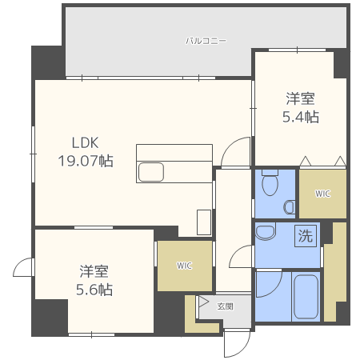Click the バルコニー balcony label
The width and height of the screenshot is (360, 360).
tap(206, 41)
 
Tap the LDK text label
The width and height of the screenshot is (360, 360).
tap(86, 142)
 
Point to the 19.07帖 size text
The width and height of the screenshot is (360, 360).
tap(86, 161)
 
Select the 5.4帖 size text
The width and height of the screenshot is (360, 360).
tap(301, 117)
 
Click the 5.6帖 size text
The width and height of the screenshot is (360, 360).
tap(94, 290)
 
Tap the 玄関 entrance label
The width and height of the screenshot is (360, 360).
tap(225, 306)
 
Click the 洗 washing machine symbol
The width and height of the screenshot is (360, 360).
tap(306, 236)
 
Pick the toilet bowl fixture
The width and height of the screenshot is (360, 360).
tap(270, 182)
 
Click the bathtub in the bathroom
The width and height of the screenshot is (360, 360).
tap(306, 297)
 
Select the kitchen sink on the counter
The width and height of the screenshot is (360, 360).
tap(150, 172)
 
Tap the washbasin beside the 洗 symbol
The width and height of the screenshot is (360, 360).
tap(266, 233)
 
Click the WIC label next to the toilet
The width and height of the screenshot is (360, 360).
tap(322, 194)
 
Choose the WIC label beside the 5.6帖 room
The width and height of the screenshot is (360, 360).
tap(184, 266)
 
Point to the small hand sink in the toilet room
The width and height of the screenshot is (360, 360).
tap(289, 207)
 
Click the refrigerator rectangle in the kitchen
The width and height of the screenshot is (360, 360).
tap(204, 222)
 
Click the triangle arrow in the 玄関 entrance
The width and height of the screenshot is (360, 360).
tap(203, 302)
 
